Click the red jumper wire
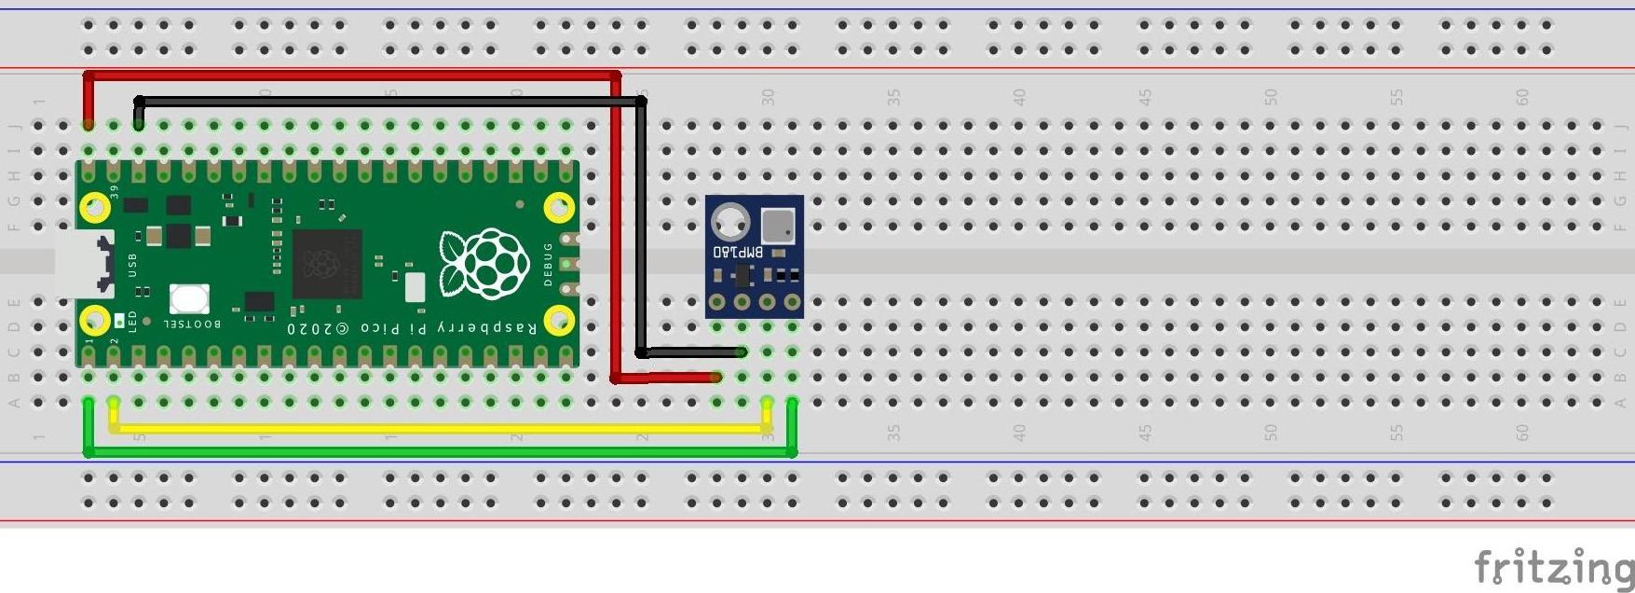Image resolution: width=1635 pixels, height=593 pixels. click(x=354, y=76)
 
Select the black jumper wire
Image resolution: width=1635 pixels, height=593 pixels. click(x=391, y=101)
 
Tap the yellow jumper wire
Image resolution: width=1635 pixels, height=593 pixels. click(x=438, y=429)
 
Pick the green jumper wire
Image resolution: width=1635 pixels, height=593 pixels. click(x=438, y=452)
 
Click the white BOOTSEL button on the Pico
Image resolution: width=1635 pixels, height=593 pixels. click(x=189, y=299)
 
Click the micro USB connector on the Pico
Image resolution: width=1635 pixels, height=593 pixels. click(x=84, y=264)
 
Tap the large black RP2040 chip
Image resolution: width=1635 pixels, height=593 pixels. click(x=326, y=265)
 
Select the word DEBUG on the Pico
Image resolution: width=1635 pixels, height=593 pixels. click(x=548, y=264)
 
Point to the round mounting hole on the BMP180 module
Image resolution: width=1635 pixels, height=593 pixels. click(x=729, y=223)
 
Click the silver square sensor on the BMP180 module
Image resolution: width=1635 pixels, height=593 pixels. click(x=778, y=225)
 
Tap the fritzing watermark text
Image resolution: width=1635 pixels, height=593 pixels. click(x=1553, y=567)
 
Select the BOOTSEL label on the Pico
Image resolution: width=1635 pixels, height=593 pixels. click(x=192, y=324)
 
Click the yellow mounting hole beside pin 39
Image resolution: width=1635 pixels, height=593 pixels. click(x=95, y=207)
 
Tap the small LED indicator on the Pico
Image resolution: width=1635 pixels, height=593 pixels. click(x=119, y=322)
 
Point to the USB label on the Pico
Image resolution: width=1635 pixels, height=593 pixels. click(x=132, y=265)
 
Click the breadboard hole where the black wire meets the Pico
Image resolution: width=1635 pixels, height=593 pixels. click(x=139, y=125)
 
